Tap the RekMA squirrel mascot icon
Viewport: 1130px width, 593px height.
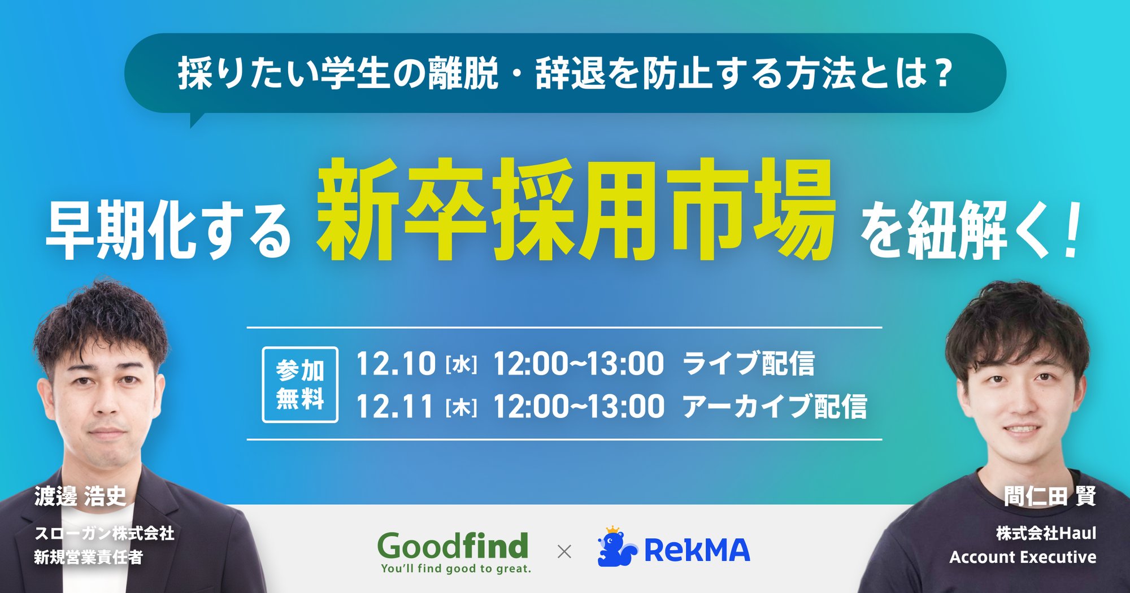pos(616,547)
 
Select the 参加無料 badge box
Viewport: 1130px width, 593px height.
pos(300,385)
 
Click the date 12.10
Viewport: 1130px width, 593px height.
pos(395,363)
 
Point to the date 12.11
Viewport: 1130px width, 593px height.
pos(395,406)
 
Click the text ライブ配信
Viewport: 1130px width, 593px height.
pos(749,363)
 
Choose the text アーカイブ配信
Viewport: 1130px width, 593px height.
pos(775,406)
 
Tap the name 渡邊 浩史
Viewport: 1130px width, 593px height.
pos(80,496)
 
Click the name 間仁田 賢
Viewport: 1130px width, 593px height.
pos(1050,496)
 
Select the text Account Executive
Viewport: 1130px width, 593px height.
pos(1023,557)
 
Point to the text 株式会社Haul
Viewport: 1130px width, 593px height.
pos(1046,533)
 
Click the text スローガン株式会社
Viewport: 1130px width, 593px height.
pos(105,533)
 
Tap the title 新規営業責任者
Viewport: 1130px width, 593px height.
pos(89,557)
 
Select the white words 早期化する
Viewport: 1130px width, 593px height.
pos(168,231)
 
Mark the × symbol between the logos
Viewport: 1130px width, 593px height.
pos(564,551)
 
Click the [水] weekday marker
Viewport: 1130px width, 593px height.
pos(461,365)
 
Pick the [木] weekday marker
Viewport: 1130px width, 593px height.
pos(461,408)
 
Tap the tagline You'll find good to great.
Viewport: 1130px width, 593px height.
pos(456,569)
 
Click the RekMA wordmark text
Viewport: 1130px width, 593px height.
pos(697,551)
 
